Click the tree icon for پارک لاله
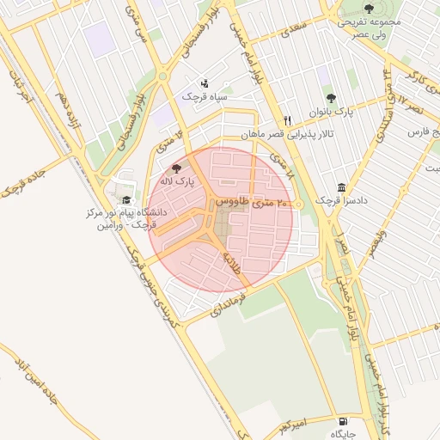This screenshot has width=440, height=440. pyautogui.click(x=177, y=169)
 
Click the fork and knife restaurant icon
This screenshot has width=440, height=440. pyautogui.click(x=288, y=121)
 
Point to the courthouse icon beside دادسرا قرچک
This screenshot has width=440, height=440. pyautogui.click(x=342, y=188)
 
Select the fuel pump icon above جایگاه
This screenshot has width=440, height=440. pyautogui.click(x=345, y=422)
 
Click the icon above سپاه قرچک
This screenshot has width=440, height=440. pyautogui.click(x=205, y=84)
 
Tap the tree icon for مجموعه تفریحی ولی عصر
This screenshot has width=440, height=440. pyautogui.click(x=369, y=9)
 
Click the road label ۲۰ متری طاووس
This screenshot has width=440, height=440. pyautogui.click(x=245, y=201)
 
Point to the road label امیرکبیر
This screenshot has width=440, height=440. pyautogui.click(x=293, y=425)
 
